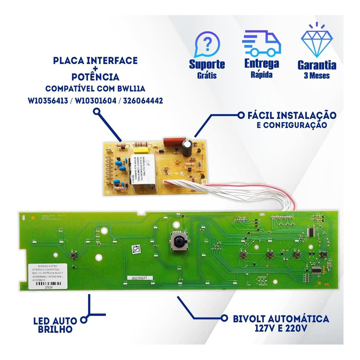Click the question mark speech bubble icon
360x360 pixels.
click(207, 44)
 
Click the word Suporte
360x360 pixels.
click(207, 64)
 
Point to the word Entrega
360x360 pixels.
click(262, 64)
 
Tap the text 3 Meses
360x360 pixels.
click(317, 76)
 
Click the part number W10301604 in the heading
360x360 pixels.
click(95, 101)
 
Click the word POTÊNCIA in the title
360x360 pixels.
click(95, 77)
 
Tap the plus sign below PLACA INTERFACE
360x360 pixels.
click(95, 69)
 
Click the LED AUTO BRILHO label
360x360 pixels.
click(55, 325)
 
